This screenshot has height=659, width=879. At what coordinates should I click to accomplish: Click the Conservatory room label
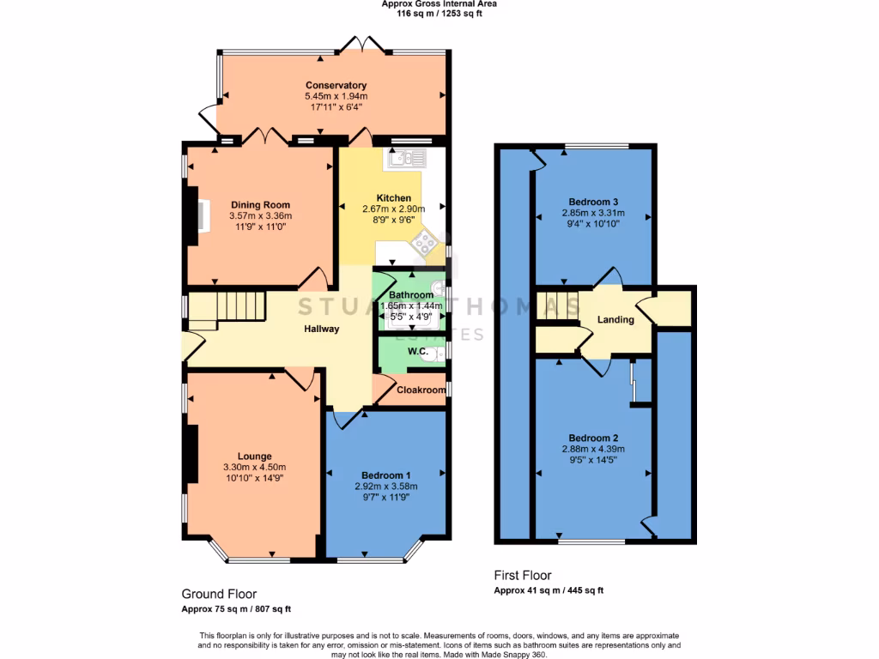[336, 85]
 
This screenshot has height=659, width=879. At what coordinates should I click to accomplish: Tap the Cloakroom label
[421, 390]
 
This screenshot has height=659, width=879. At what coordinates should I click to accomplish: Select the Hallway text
[321, 329]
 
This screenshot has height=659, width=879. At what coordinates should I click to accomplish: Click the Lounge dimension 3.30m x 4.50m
[254, 467]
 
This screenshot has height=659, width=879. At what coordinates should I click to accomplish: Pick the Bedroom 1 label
[385, 475]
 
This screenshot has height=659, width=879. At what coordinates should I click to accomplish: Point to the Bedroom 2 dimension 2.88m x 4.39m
[592, 448]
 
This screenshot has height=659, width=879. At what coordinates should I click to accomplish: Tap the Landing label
[615, 320]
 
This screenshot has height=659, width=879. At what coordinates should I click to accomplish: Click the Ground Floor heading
[219, 594]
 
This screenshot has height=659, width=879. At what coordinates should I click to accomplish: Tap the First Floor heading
[522, 576]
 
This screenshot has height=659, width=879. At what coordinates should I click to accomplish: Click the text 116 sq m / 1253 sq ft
[439, 14]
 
